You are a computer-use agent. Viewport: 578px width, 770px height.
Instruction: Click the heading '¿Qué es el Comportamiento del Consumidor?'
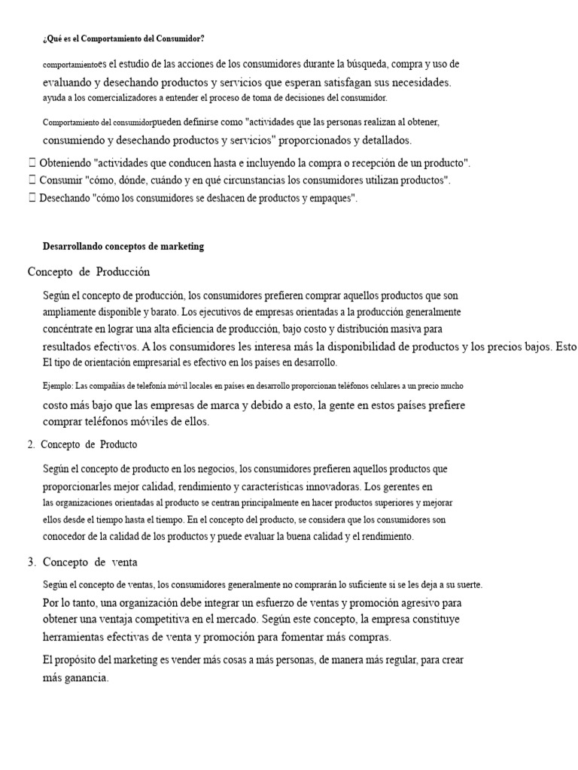click(123, 38)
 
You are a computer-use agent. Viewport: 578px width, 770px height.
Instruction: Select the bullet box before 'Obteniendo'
click(31, 162)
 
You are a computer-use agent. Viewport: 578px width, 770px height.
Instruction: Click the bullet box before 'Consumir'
click(31, 180)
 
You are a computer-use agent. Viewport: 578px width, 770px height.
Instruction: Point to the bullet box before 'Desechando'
click(31, 199)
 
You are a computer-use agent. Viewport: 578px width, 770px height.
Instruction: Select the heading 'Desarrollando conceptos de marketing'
click(123, 247)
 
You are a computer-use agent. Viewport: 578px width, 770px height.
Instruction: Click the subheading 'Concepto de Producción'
click(89, 271)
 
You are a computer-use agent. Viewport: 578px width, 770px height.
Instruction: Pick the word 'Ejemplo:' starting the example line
click(58, 386)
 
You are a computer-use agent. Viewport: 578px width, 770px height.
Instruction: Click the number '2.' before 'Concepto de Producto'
click(31, 444)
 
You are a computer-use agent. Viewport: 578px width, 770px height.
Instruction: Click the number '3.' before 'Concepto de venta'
click(32, 562)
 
